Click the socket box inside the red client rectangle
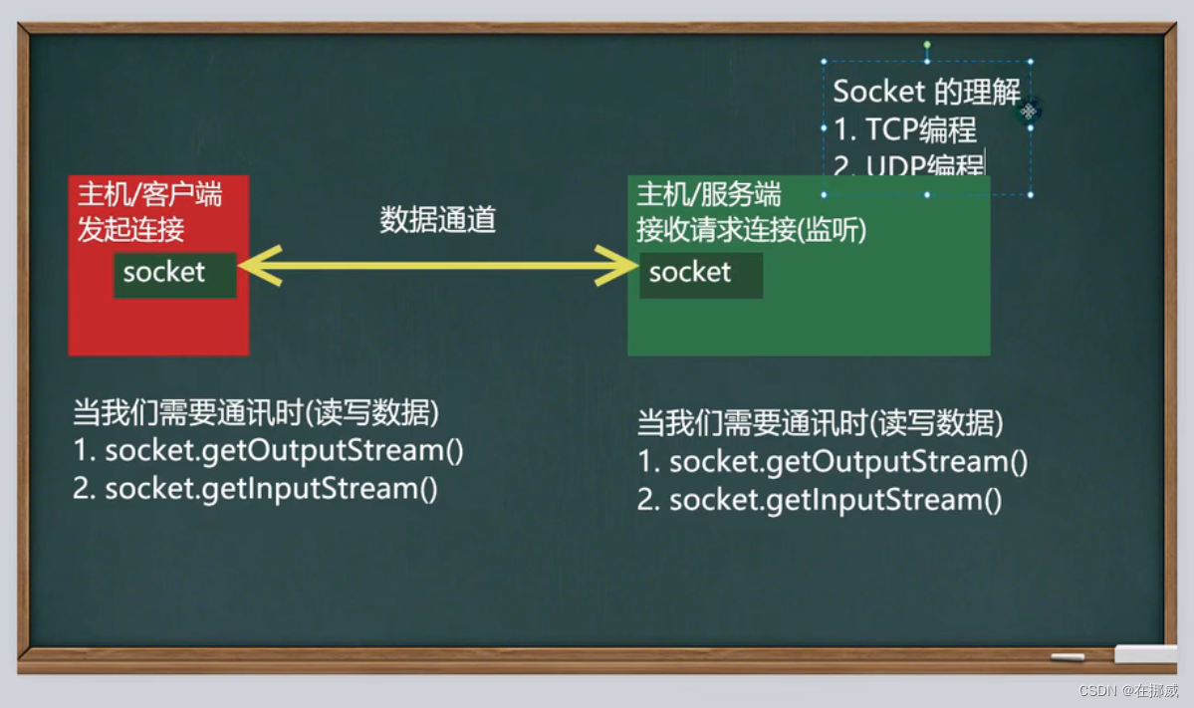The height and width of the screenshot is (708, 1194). [174, 274]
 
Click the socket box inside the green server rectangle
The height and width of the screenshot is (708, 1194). [701, 274]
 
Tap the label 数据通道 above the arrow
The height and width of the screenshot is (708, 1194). [437, 220]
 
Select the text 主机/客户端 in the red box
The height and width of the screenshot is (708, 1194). [149, 194]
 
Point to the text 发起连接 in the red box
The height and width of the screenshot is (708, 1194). [130, 230]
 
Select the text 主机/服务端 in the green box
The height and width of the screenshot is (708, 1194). [709, 194]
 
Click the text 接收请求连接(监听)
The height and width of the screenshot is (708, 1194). [752, 230]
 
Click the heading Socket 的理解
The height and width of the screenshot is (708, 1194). [926, 92]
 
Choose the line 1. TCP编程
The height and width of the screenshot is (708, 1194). [904, 129]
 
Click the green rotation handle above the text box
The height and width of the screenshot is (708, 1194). [927, 45]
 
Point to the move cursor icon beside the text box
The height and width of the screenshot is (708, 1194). [1028, 111]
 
